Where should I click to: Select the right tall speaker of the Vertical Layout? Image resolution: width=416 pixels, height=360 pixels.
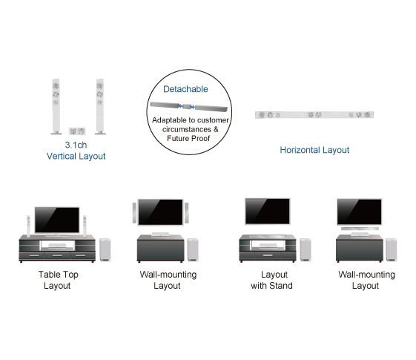(x=99, y=106)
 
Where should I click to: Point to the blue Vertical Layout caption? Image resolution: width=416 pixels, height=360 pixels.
(x=76, y=157)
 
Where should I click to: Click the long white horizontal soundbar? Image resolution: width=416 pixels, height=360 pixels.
(x=314, y=115)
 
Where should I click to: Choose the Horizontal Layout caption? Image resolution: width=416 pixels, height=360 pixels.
(x=314, y=150)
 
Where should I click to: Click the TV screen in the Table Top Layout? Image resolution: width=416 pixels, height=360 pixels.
(x=57, y=219)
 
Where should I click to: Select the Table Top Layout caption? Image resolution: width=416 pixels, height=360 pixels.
(x=57, y=280)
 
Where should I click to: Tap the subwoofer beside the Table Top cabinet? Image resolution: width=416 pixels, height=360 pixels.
(x=105, y=250)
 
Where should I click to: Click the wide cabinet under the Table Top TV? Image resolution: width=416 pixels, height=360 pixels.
(x=57, y=248)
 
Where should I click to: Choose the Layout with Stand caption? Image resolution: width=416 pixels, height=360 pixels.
(x=271, y=280)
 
